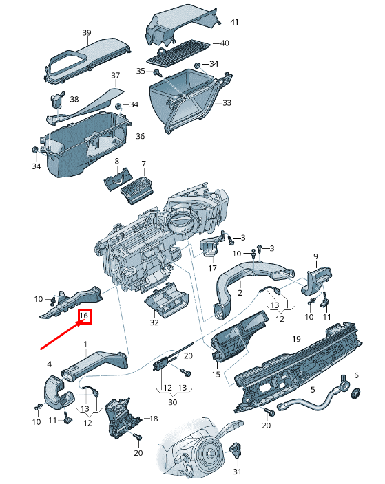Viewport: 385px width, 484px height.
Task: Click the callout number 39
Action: point(87,33)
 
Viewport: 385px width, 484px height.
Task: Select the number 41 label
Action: point(234,23)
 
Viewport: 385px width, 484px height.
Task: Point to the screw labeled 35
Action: point(157,71)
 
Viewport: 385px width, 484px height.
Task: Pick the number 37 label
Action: point(115,75)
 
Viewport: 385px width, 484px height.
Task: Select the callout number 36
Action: point(140,136)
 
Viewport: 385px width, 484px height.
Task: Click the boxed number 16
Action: point(84,316)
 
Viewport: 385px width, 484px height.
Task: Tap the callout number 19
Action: point(296,340)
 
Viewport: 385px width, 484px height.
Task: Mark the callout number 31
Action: point(238,472)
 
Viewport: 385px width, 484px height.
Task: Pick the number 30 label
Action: point(172,402)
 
